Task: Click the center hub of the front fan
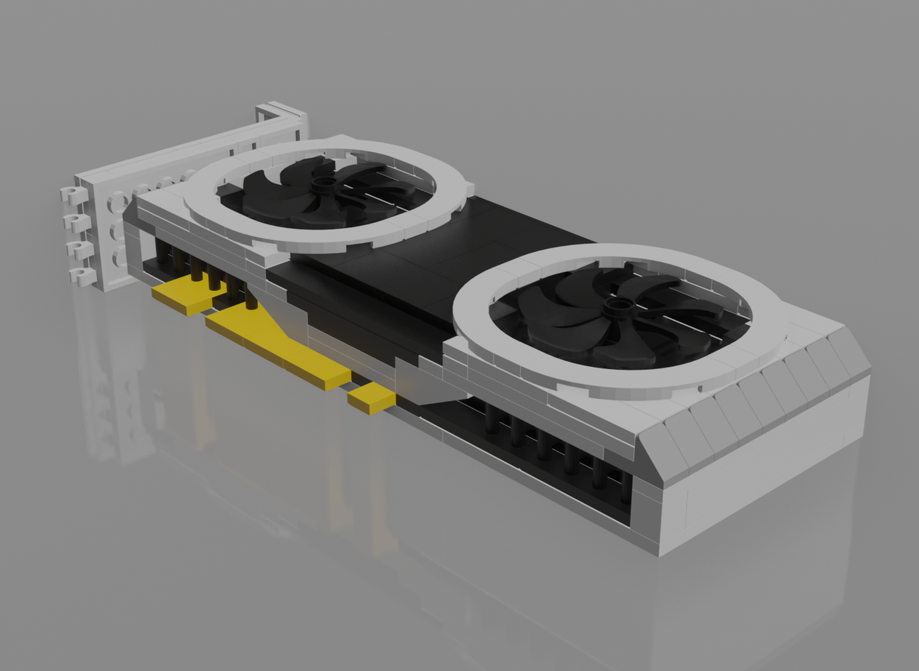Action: [618, 306]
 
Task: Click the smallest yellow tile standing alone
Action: [371, 399]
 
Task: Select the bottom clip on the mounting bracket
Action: [83, 276]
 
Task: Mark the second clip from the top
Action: [75, 222]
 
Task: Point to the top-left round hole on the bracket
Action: [117, 202]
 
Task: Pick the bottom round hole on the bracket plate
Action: [119, 258]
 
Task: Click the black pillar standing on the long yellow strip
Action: [251, 299]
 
